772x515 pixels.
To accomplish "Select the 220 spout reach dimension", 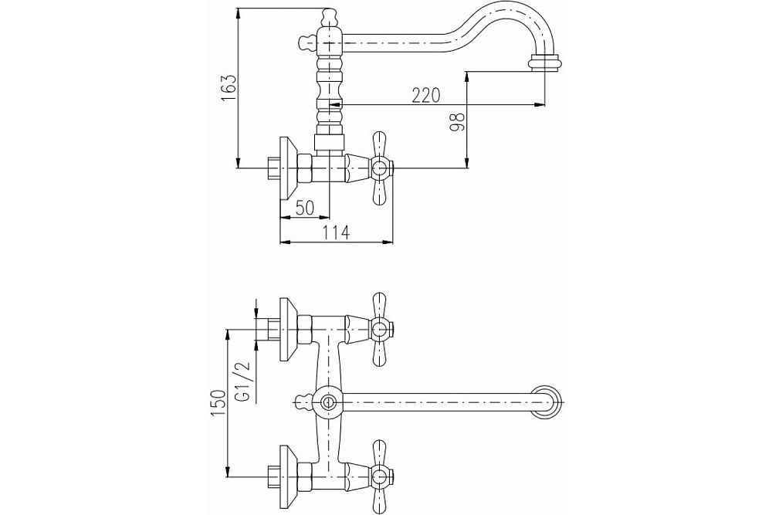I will [x=425, y=95].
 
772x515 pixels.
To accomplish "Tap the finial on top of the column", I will [x=330, y=15].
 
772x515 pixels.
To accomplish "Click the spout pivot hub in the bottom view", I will [x=328, y=401].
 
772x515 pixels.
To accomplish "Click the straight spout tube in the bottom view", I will [x=440, y=401].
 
